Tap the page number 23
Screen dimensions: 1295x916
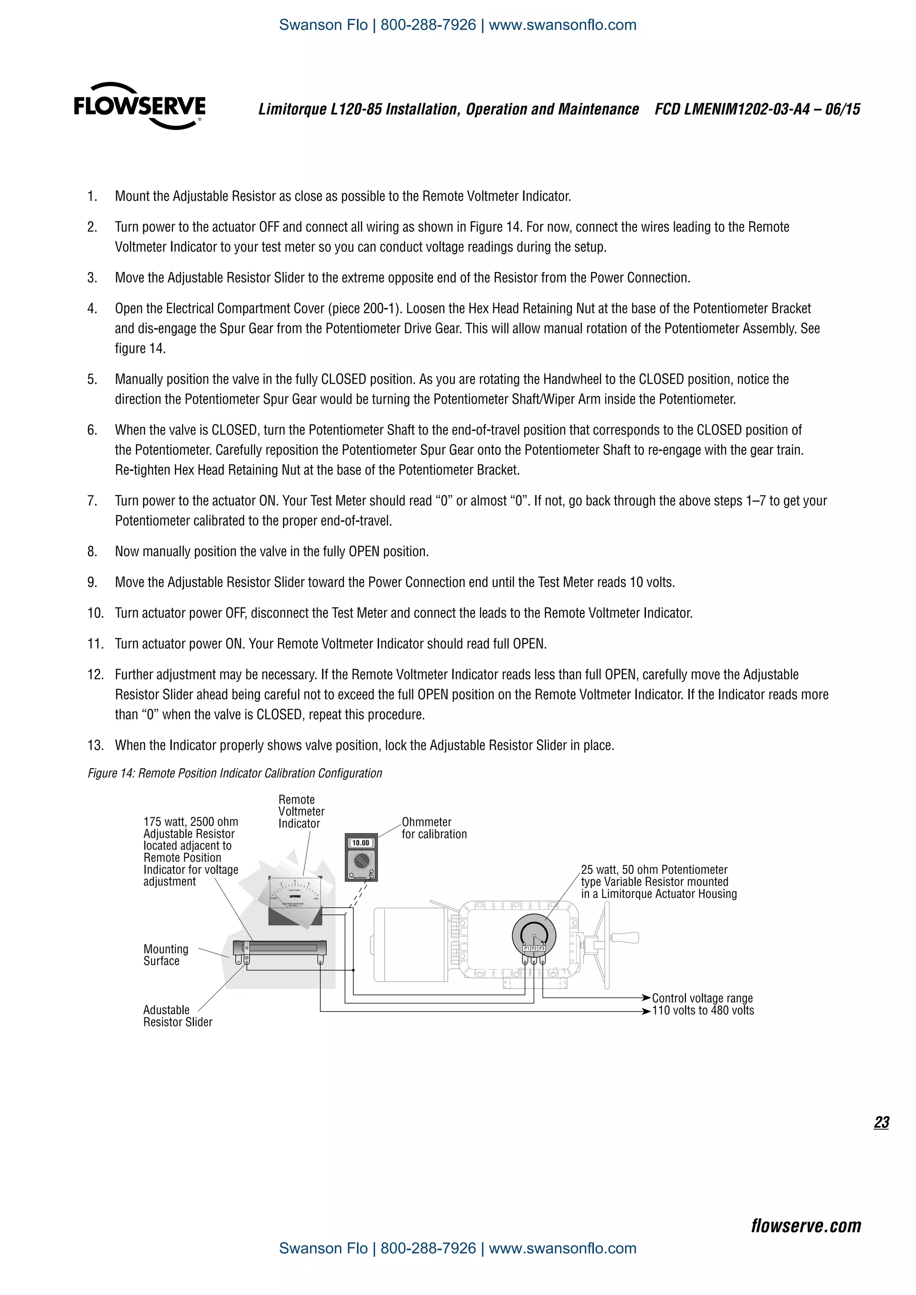pos(881,1122)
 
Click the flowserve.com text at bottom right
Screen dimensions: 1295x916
pos(806,1226)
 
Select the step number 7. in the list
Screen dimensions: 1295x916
pos(92,501)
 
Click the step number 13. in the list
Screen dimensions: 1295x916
pos(95,745)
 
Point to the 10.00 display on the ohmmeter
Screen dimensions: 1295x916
pos(360,842)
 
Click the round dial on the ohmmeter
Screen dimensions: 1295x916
pos(360,861)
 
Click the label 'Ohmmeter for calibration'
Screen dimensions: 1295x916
pos(434,828)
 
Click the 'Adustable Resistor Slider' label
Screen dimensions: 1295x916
pos(177,1016)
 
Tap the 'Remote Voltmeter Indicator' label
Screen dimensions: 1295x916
pos(301,811)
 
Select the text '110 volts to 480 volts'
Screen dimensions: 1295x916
pos(703,1010)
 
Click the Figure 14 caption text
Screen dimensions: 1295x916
pos(235,773)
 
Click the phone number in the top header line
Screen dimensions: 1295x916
pos(428,25)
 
